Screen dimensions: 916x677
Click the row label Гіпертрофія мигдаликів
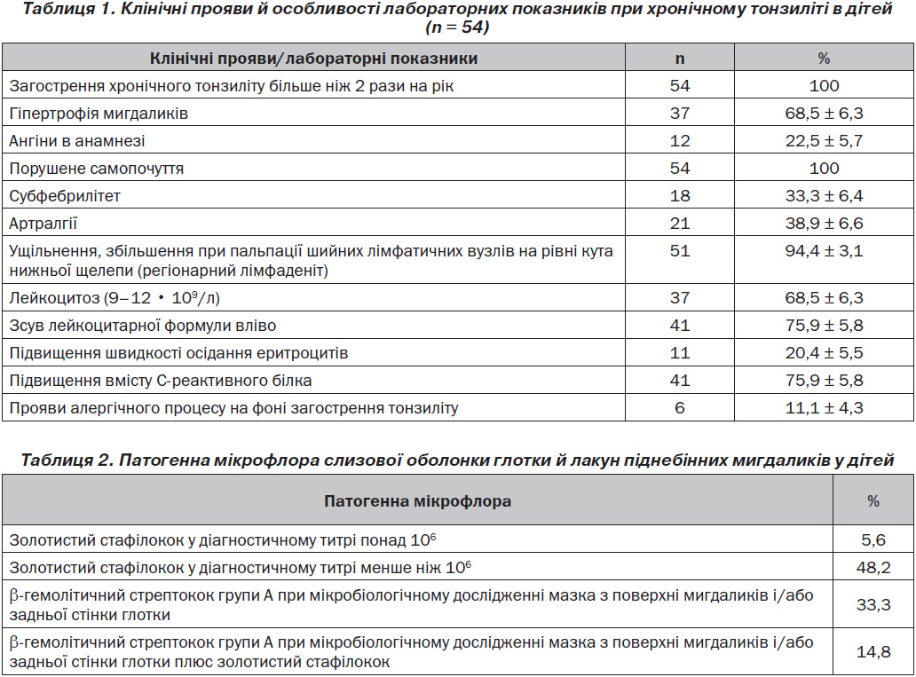[x=99, y=114]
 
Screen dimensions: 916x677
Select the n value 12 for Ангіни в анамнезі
[x=680, y=141]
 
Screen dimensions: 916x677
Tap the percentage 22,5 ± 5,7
[x=824, y=141]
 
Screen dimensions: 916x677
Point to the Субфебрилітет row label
[x=65, y=196]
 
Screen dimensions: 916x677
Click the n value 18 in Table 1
[x=680, y=196]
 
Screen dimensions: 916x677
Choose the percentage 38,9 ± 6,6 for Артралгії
[x=824, y=223]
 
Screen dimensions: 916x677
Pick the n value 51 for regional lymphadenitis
[x=680, y=250]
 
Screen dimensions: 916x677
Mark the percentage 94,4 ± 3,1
[x=824, y=250]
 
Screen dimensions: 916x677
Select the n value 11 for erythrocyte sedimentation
[x=680, y=353]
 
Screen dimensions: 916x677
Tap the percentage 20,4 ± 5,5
[x=824, y=353]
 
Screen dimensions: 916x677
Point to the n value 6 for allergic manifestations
[x=680, y=408]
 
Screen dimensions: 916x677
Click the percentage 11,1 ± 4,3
[x=824, y=408]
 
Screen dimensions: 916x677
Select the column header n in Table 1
[x=680, y=59]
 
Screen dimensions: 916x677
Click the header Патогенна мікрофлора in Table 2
[x=418, y=501]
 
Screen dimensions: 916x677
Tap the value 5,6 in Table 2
[x=873, y=539]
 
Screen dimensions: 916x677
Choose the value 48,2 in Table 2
[x=873, y=567]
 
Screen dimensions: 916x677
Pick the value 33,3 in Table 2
[x=873, y=604]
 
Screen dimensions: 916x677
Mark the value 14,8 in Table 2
[x=873, y=651]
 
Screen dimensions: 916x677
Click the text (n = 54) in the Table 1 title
[x=457, y=28]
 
